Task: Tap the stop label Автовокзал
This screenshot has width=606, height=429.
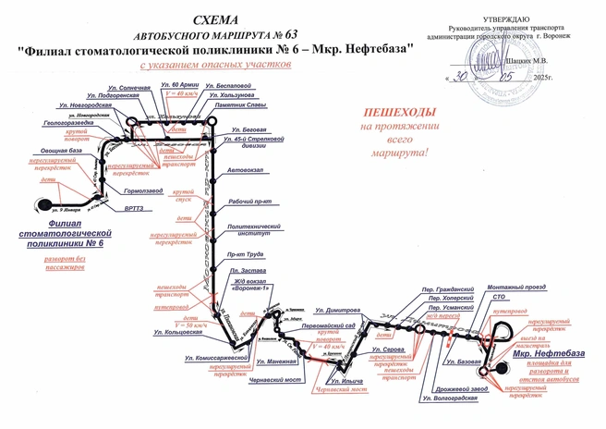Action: click(x=245, y=172)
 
